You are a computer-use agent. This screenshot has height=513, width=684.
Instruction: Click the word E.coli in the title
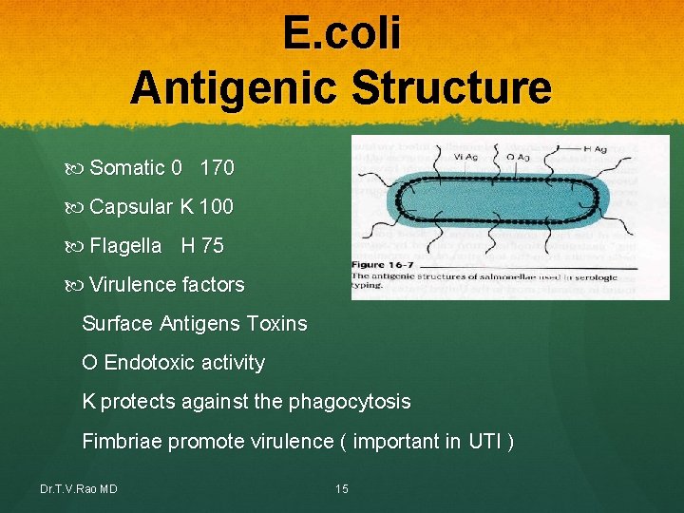pos(341,34)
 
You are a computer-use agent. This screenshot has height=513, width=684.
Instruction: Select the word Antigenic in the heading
pos(237,87)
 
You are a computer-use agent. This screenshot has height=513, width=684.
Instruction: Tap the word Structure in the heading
pos(452,87)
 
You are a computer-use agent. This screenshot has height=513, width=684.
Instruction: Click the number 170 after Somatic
pos(217,168)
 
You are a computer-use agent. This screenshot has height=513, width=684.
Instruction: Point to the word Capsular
pos(131,207)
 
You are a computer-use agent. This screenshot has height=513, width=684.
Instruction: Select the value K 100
pos(206,207)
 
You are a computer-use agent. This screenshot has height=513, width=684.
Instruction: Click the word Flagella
pos(125,246)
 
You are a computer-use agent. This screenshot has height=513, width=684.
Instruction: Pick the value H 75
pos(202,246)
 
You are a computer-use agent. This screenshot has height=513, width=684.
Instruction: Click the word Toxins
pos(276,324)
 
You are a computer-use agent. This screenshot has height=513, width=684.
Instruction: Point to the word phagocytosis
pos(351,402)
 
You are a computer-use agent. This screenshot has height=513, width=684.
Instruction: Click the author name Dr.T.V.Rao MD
pos(79,489)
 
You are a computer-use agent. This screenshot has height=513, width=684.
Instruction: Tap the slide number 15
pos(342,489)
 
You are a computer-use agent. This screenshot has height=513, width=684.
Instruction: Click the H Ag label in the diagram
pos(596,149)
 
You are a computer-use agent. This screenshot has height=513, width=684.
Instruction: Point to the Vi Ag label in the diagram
pos(439,159)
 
